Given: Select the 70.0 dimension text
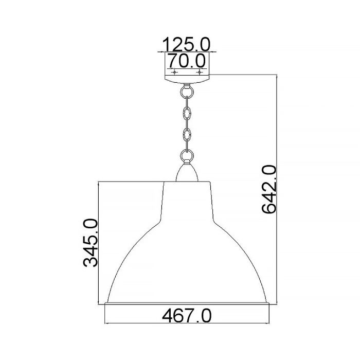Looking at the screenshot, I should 187,62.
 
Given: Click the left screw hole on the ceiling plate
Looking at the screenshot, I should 174,73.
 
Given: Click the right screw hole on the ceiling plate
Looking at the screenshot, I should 198,73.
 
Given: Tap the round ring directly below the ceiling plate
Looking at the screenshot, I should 186,93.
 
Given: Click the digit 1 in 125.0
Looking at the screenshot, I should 167,44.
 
